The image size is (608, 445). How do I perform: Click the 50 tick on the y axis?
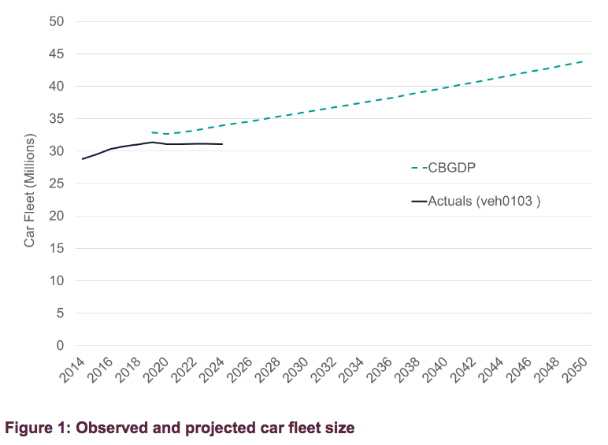(56, 21)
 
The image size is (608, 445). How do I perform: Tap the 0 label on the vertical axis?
(59, 346)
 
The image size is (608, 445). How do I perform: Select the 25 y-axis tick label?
(56, 184)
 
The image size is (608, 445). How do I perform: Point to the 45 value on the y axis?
(56, 54)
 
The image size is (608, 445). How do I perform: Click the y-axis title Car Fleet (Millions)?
(30, 184)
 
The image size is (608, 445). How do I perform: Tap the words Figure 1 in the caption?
(31, 428)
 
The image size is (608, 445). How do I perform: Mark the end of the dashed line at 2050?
(583, 61)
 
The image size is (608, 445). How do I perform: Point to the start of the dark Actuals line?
(82, 159)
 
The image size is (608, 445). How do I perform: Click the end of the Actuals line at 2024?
(223, 144)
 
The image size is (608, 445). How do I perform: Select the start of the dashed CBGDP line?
(152, 132)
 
